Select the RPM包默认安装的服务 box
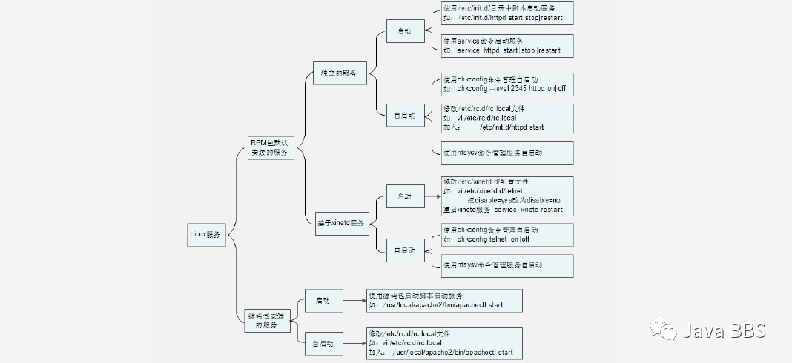(x=270, y=147)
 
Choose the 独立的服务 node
(x=339, y=73)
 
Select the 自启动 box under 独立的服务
(x=404, y=115)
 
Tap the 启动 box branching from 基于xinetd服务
(x=404, y=196)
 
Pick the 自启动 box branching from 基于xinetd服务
(x=404, y=250)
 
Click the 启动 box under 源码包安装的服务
(x=323, y=301)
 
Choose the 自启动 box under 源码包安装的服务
(x=323, y=343)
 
